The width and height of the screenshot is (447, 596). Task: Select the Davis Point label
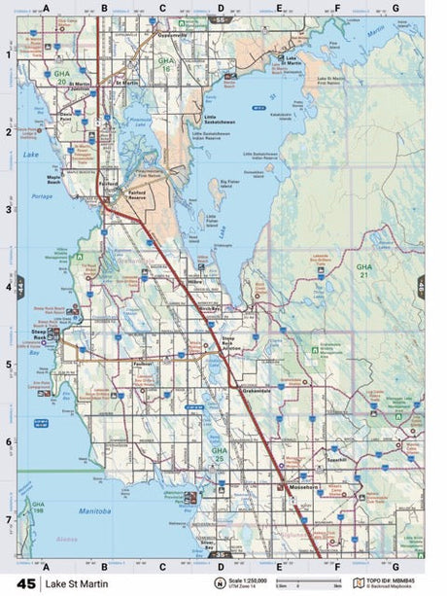coord(66,116)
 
